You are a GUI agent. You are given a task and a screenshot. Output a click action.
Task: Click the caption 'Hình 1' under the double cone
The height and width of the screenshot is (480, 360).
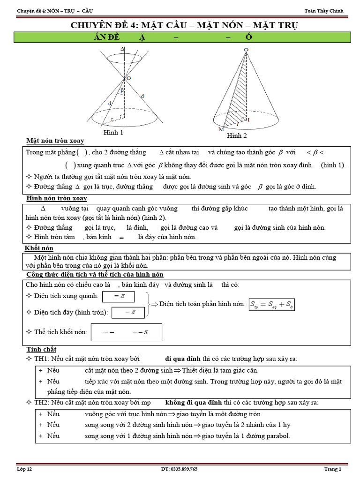(x=113, y=133)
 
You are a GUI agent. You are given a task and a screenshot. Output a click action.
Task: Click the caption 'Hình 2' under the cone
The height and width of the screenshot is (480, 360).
(x=237, y=135)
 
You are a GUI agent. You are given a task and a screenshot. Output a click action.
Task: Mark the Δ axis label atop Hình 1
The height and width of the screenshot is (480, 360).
(x=122, y=48)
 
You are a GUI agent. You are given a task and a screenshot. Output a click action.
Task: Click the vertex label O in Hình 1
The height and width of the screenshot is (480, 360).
(x=127, y=78)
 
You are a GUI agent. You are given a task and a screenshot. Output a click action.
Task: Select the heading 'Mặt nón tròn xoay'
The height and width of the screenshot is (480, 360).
(x=55, y=141)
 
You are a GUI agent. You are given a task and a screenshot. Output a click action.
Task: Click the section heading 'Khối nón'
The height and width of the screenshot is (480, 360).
(x=39, y=247)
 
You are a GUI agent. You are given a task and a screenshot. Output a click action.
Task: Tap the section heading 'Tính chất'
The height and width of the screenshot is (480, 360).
(x=41, y=349)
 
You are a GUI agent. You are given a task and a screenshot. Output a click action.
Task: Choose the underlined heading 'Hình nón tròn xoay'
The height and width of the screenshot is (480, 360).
(x=57, y=198)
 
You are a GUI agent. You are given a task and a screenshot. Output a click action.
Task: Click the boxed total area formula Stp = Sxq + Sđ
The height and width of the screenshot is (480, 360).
(x=271, y=304)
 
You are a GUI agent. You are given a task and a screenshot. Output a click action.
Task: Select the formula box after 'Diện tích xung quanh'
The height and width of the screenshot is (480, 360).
(x=118, y=296)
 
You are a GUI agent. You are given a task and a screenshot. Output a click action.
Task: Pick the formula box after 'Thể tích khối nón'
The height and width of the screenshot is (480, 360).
(x=127, y=332)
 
